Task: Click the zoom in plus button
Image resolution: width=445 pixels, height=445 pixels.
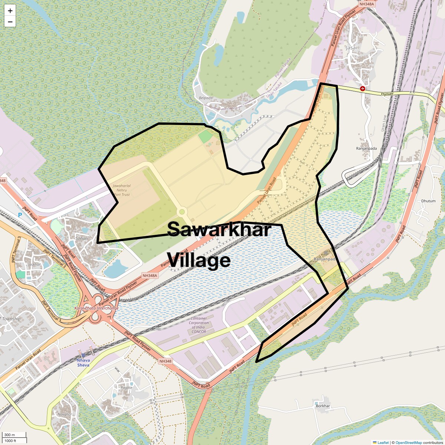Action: click(x=10, y=11)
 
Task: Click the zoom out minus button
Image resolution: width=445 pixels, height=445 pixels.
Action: click(x=10, y=22)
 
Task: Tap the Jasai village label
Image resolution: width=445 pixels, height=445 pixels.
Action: click(x=351, y=48)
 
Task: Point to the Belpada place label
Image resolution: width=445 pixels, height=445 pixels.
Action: click(x=206, y=98)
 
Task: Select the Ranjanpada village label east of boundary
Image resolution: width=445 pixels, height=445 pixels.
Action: click(x=366, y=148)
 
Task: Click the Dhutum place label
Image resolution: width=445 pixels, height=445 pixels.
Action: click(x=428, y=201)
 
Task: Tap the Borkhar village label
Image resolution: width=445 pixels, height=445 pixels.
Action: click(x=323, y=406)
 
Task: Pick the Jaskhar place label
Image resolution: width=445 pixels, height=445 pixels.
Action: click(x=34, y=264)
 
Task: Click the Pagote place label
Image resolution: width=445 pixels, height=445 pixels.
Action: click(x=126, y=388)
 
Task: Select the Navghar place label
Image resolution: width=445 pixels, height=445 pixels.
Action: click(x=65, y=414)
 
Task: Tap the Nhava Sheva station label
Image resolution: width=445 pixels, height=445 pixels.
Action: click(x=83, y=362)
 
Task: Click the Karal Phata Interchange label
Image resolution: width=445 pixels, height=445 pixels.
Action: click(x=96, y=308)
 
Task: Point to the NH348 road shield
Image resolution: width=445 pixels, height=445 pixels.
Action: click(x=165, y=361)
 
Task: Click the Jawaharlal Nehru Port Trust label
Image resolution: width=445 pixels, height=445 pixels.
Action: click(x=122, y=190)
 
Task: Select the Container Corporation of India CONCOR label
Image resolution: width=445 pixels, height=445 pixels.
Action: click(x=199, y=325)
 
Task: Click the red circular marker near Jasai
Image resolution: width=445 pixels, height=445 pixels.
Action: click(x=363, y=89)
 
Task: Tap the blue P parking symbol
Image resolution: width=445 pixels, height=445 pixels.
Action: click(x=20, y=215)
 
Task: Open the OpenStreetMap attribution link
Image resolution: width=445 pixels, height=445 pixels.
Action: click(x=408, y=442)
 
